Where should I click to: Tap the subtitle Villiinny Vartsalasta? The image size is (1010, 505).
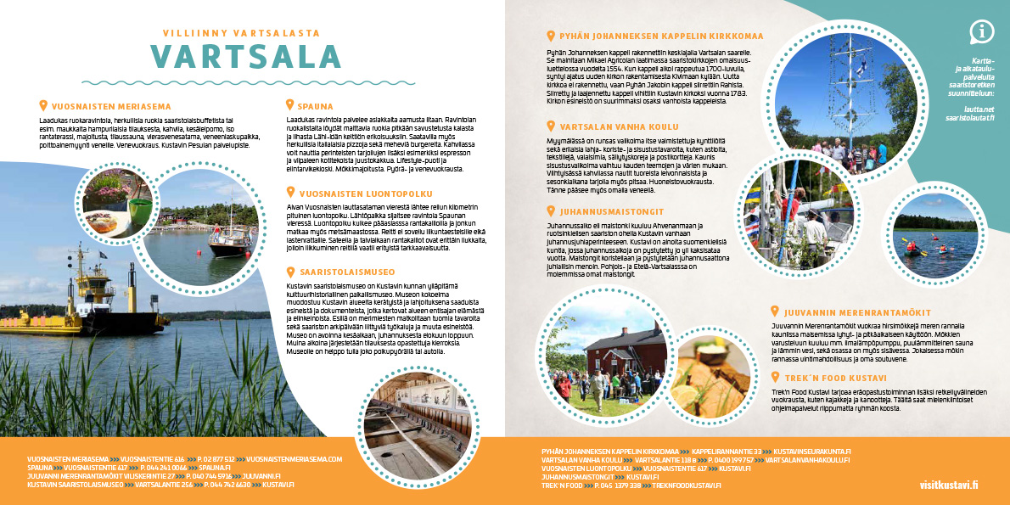click(x=241, y=33)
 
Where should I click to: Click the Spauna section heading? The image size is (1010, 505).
click(x=315, y=107)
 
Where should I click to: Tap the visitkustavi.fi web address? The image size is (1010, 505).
click(x=949, y=485)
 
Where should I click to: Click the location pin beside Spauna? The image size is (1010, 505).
click(x=289, y=107)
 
